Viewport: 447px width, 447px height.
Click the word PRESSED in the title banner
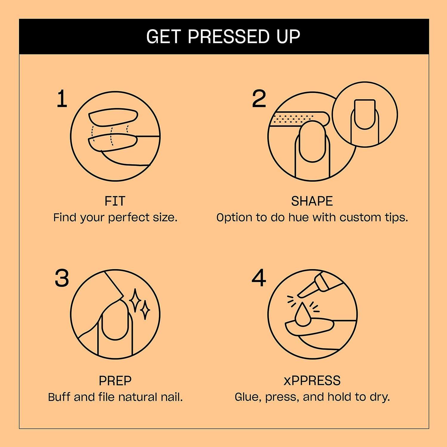click(228, 37)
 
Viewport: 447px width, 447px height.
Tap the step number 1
click(62, 99)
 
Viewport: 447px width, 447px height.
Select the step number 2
click(259, 99)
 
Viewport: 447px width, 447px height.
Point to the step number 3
click(62, 278)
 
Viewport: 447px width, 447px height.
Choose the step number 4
click(259, 278)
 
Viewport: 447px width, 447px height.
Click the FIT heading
click(115, 201)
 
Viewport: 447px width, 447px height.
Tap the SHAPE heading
click(312, 201)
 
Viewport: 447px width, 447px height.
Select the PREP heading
click(115, 381)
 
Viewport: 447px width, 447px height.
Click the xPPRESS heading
click(312, 381)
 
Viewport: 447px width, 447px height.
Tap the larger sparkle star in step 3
click(136, 300)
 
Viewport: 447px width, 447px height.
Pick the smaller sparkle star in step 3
click(145, 310)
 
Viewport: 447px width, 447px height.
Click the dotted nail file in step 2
click(298, 119)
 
